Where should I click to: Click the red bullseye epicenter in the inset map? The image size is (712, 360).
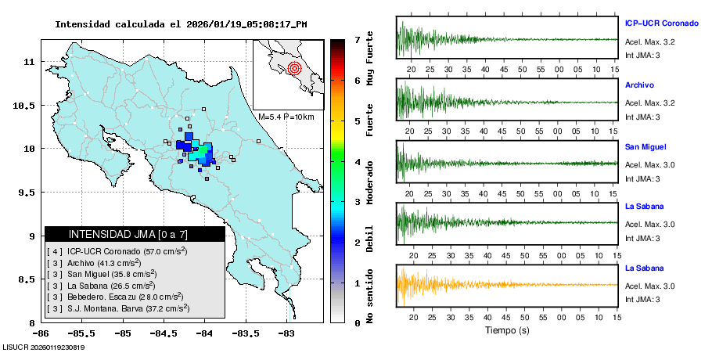[294, 68]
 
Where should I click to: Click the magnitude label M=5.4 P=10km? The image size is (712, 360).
[286, 117]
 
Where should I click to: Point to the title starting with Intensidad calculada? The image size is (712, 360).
[181, 24]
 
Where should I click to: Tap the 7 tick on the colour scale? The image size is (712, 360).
[357, 39]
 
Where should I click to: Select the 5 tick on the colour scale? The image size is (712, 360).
[357, 121]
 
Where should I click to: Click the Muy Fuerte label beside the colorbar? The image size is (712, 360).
[370, 59]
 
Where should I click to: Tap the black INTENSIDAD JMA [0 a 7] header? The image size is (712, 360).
[135, 234]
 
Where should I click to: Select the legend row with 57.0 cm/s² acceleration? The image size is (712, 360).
[117, 251]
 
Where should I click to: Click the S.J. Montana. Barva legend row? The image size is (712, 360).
[118, 308]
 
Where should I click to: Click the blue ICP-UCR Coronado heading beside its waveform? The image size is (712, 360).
[660, 24]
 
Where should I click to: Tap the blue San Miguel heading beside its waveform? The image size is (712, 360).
[645, 146]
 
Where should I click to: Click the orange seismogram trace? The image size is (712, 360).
[469, 284]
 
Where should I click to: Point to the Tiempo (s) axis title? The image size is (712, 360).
[507, 330]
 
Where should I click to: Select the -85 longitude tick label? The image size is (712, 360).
[122, 333]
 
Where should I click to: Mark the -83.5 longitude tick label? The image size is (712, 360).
[245, 333]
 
